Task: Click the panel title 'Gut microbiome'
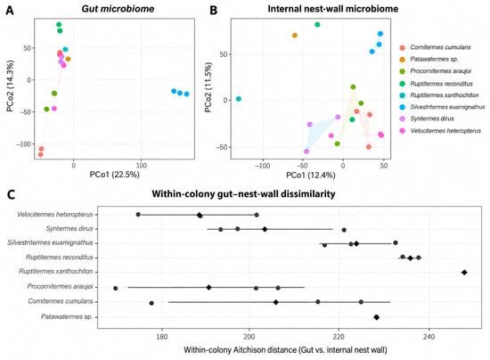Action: coord(118,8)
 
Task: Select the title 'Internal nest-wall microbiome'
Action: coord(333,8)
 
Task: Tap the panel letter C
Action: coord(11,194)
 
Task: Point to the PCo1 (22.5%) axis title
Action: coord(115,175)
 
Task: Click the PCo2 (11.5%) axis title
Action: coord(208,87)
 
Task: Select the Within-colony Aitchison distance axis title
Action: coord(285,349)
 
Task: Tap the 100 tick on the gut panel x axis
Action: coord(142,165)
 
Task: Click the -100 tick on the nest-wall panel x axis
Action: coord(262,166)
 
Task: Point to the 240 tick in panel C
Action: coord(429,336)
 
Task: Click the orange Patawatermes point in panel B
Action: coord(294,36)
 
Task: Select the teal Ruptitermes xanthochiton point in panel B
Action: coord(239,99)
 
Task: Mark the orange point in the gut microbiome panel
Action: coord(68,59)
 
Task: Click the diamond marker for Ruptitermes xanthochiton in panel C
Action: coord(464,272)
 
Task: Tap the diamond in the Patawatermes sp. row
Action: coord(377,317)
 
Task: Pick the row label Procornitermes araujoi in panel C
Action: coord(60,287)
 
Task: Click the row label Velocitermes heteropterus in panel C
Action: coord(55,215)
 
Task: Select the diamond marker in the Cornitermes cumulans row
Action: coord(275,302)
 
